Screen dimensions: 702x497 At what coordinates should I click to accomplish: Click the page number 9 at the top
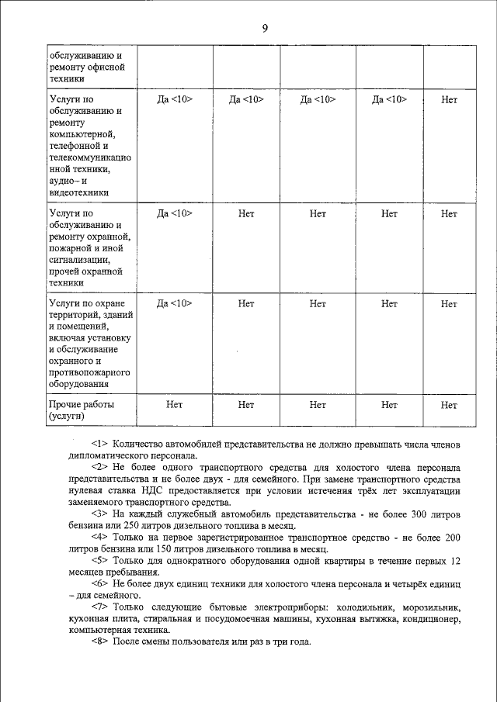(x=264, y=29)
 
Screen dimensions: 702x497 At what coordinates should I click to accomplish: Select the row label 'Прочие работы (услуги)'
(x=81, y=410)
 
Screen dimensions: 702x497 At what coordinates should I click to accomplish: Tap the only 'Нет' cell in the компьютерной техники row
(x=449, y=99)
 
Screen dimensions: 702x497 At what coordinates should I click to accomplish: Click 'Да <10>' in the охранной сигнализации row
(x=175, y=213)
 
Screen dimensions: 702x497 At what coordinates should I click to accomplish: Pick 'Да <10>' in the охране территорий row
(x=175, y=303)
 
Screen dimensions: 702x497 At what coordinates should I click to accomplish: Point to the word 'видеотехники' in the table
(x=78, y=192)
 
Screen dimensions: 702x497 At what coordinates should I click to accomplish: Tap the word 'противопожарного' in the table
(x=89, y=372)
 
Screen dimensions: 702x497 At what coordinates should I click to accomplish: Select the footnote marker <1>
(x=103, y=443)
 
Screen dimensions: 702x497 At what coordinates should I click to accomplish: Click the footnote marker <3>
(x=103, y=514)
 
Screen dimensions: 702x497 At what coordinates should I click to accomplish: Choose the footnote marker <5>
(x=103, y=560)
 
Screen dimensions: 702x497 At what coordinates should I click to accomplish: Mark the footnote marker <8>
(x=103, y=642)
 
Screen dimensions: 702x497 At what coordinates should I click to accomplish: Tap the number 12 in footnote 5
(x=455, y=560)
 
